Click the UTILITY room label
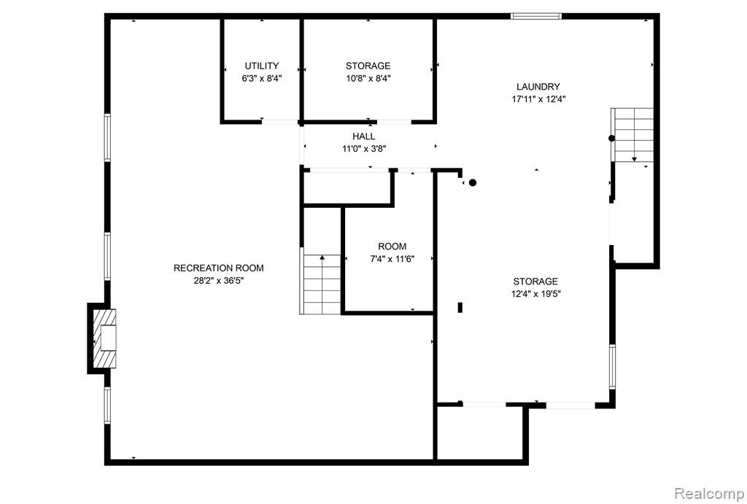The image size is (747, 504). click(x=262, y=66)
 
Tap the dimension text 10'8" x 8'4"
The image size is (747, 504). click(x=368, y=78)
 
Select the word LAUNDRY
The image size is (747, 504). click(x=538, y=87)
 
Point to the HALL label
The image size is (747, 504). click(x=364, y=136)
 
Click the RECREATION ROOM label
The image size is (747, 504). click(x=219, y=268)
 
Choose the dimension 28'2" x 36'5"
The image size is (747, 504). click(x=219, y=281)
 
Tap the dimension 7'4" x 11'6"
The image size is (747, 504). click(x=392, y=259)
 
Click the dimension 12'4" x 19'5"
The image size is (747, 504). click(x=536, y=294)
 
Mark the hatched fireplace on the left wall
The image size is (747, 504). click(x=104, y=338)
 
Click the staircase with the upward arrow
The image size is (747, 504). click(x=322, y=284)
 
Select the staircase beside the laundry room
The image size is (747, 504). click(x=632, y=135)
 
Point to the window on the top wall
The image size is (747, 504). click(x=536, y=16)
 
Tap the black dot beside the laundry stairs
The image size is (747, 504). click(x=612, y=139)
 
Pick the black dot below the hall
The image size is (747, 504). click(x=473, y=182)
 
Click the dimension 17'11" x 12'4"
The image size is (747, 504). click(x=538, y=99)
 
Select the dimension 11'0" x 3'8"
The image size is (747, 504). click(x=364, y=149)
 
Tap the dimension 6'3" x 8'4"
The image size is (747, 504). click(x=262, y=78)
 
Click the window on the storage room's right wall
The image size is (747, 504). click(x=612, y=367)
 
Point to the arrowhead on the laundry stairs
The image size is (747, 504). click(x=634, y=159)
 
